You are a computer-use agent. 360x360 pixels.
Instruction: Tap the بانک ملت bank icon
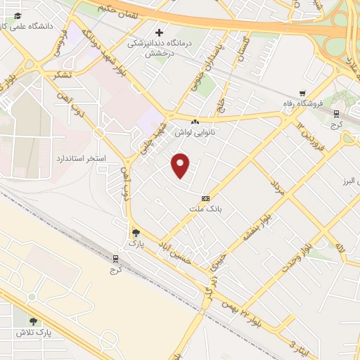tap(206, 198)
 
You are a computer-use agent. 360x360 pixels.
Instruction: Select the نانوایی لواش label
tap(194, 130)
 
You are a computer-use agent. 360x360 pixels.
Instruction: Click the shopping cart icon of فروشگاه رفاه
tap(302, 93)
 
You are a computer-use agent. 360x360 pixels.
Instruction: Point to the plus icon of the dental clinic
tap(160, 32)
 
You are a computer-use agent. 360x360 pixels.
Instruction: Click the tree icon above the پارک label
tap(135, 232)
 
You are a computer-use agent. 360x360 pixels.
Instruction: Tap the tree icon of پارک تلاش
tap(33, 321)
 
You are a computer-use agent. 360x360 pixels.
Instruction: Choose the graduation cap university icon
tap(17, 16)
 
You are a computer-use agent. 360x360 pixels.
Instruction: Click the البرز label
tap(349, 178)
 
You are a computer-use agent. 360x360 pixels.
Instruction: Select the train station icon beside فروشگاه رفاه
tap(336, 114)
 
